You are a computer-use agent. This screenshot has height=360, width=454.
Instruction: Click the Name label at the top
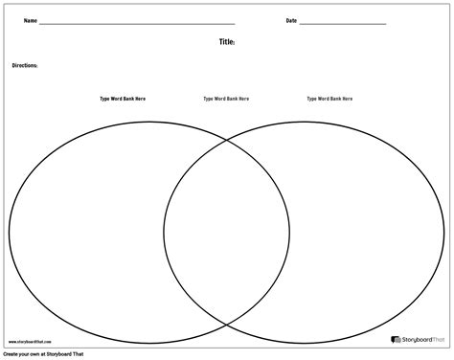[30, 20]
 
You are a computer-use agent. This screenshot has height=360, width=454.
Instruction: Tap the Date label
[290, 20]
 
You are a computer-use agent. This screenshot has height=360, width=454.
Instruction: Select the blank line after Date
[342, 22]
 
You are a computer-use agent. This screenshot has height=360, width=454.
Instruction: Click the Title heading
[226, 43]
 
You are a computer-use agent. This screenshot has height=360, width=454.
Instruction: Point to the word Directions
[24, 65]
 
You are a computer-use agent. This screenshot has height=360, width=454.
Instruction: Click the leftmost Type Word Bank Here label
[123, 98]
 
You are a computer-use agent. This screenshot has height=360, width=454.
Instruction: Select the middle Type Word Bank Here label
[226, 98]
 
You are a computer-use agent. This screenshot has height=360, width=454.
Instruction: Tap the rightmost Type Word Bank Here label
[329, 98]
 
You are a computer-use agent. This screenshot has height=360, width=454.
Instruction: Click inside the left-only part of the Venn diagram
[86, 230]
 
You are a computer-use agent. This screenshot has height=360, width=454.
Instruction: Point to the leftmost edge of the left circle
[9, 230]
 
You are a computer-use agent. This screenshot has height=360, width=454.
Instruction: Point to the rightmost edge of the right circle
[445, 230]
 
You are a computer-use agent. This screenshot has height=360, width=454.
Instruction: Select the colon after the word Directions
[37, 65]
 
